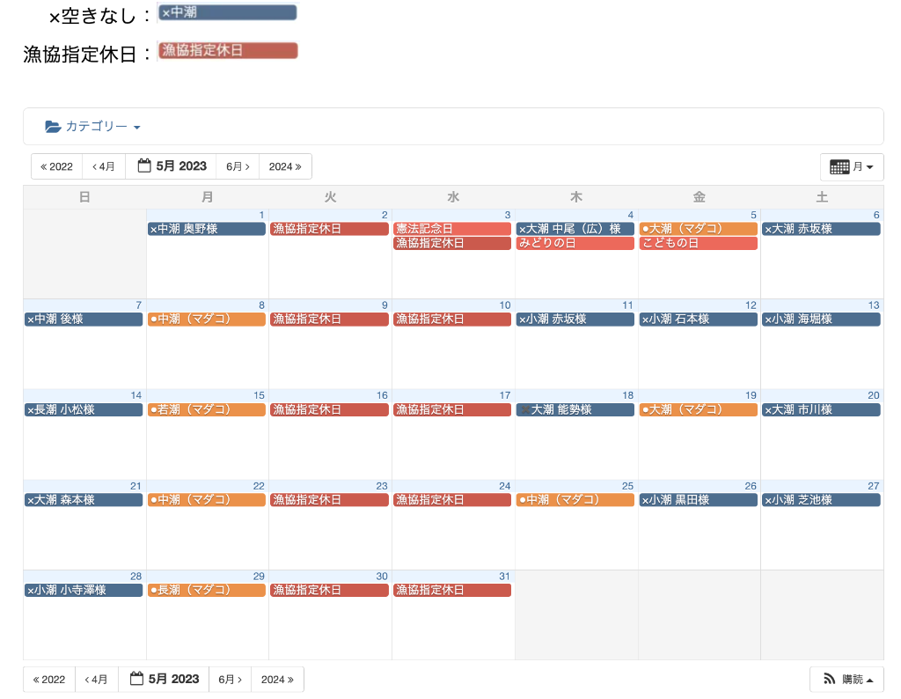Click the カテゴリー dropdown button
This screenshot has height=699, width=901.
pos(92,127)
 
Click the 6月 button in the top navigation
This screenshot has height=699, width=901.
pos(238,166)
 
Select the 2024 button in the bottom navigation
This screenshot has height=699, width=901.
pos(277,680)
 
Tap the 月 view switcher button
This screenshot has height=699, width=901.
pos(851,166)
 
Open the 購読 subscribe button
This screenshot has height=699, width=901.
pos(846,680)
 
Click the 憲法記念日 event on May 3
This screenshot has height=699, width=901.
pos(451,229)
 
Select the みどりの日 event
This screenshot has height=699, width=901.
pos(575,243)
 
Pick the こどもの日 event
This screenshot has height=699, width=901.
pos(698,243)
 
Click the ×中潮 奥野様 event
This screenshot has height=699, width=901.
pos(206,229)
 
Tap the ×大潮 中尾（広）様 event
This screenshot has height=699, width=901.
pos(575,229)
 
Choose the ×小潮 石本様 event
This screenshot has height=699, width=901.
pos(698,320)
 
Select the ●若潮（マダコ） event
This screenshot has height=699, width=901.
pos(206,409)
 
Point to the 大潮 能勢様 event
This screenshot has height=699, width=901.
pos(575,409)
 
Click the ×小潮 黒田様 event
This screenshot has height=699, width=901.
pos(698,500)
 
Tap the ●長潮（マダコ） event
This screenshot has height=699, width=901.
pos(206,590)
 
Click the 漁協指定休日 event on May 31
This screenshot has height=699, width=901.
pos(451,590)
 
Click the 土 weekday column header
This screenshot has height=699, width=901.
pos(822,197)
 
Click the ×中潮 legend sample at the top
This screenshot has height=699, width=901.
pos(228,12)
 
